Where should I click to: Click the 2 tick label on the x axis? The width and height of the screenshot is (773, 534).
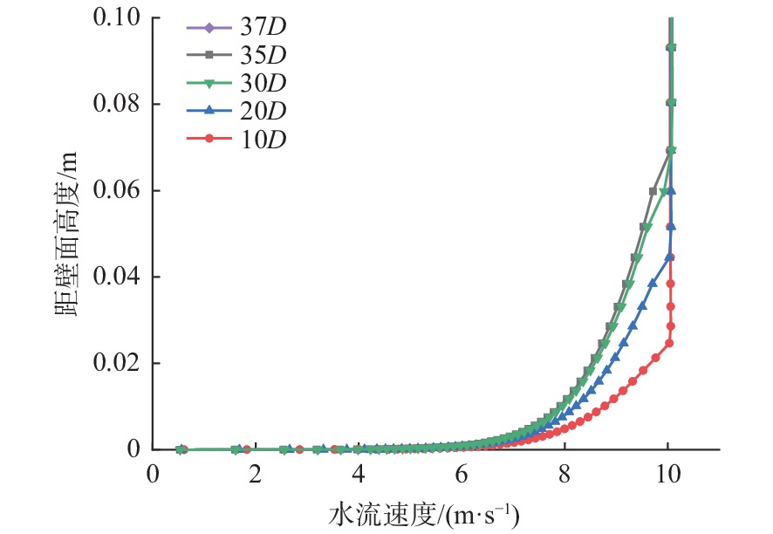click(x=255, y=473)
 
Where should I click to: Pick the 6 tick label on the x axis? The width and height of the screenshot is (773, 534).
click(x=462, y=473)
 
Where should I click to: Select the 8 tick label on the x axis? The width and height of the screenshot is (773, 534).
click(x=564, y=473)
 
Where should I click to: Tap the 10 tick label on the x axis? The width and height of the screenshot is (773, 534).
click(x=668, y=473)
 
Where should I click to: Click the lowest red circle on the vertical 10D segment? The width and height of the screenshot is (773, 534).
click(x=670, y=343)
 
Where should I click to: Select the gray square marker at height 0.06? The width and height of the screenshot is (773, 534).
click(x=653, y=191)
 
